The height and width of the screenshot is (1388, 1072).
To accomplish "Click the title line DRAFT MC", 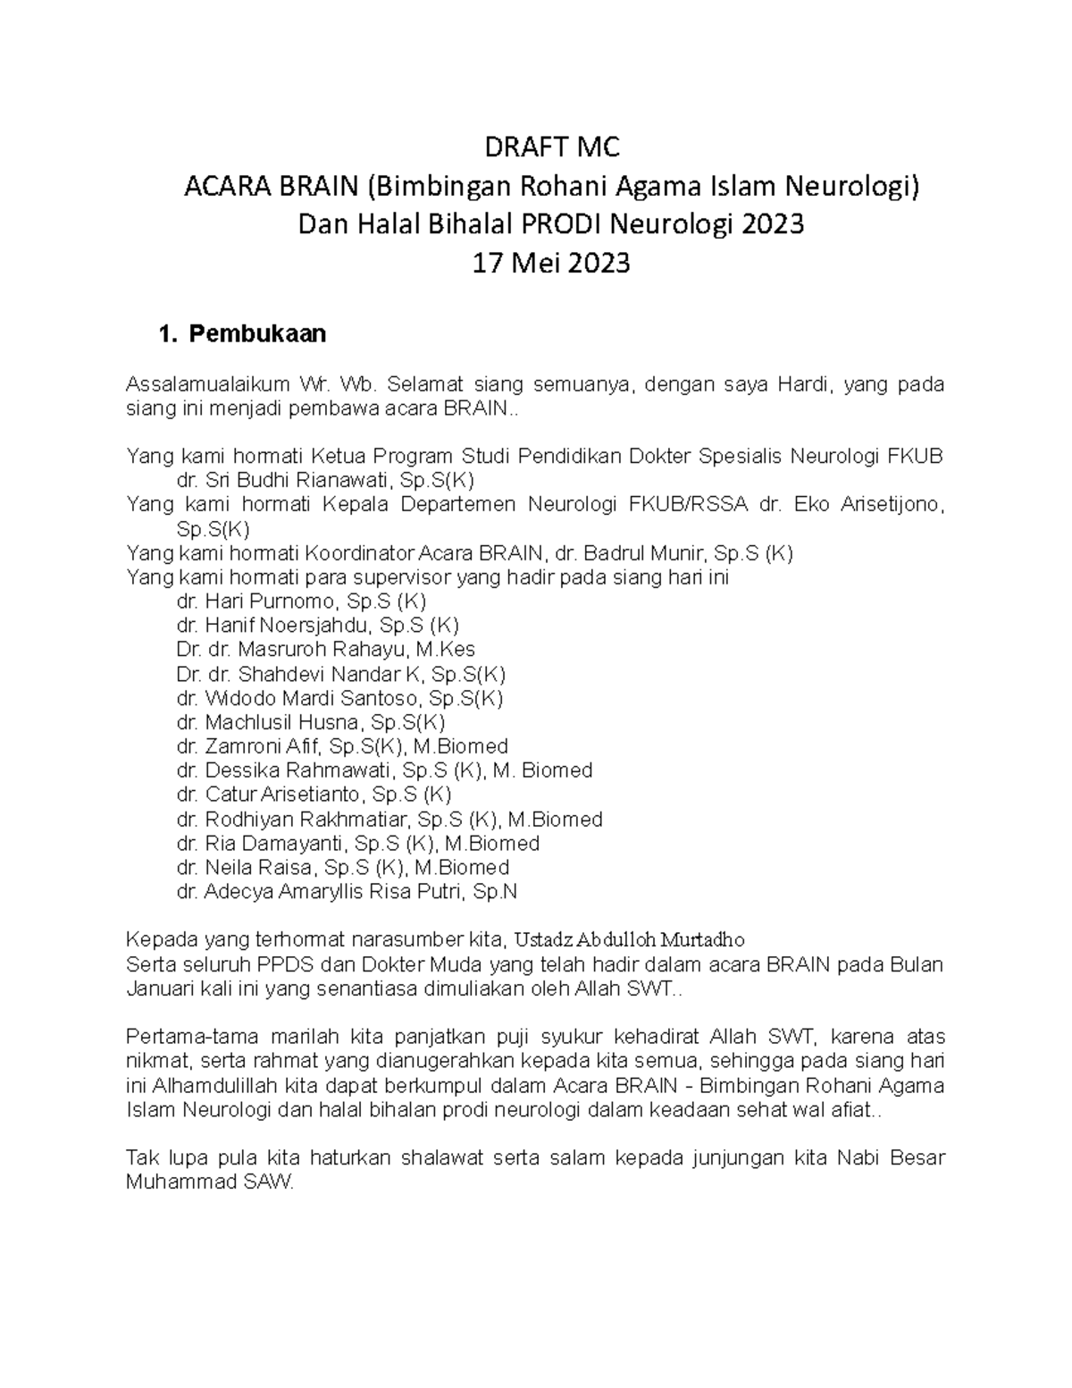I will [x=550, y=147].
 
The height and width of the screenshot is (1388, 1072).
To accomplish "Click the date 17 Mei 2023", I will [x=550, y=263].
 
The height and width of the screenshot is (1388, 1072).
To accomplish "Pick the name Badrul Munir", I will [x=638, y=552].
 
